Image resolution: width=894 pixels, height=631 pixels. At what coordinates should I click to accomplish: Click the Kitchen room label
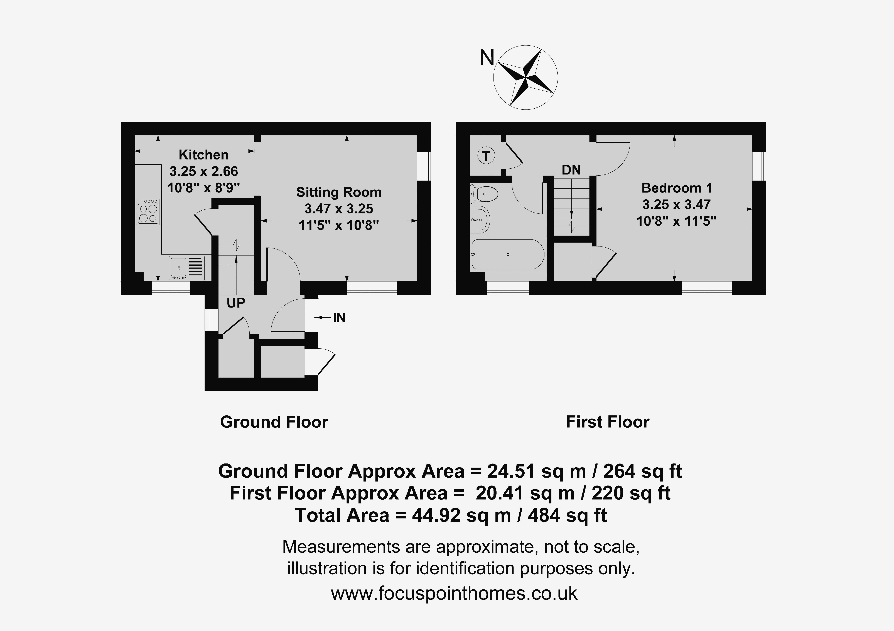pyautogui.click(x=203, y=155)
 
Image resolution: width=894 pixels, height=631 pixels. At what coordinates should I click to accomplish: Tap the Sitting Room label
pyautogui.click(x=339, y=192)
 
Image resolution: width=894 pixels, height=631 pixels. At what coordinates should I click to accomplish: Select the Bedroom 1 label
pyautogui.click(x=677, y=188)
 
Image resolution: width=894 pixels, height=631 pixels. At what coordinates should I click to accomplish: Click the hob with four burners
pyautogui.click(x=148, y=212)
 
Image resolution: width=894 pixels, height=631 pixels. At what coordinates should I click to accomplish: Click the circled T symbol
pyautogui.click(x=486, y=156)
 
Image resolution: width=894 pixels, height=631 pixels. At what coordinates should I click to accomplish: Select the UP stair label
pyautogui.click(x=236, y=303)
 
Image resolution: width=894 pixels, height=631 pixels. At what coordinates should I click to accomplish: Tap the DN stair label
pyautogui.click(x=571, y=170)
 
